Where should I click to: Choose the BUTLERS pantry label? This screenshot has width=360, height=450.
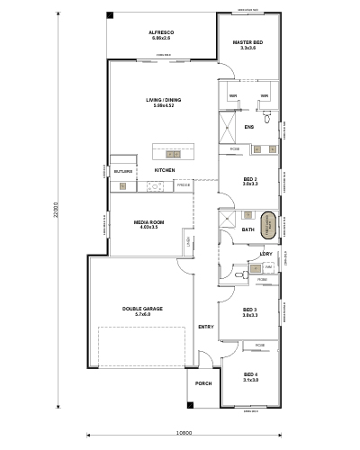[x=122, y=170]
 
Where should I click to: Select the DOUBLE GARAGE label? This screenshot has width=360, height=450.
[x=142, y=310]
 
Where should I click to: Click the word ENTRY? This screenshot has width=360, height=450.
[x=206, y=327]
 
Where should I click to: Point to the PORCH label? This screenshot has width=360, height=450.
[x=202, y=383]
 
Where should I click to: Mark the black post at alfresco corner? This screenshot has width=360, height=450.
[x=110, y=15]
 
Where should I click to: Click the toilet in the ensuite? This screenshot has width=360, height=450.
[x=267, y=116]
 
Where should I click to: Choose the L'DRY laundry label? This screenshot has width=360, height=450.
[x=266, y=254]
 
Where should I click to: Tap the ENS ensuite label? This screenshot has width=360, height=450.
[x=249, y=127]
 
